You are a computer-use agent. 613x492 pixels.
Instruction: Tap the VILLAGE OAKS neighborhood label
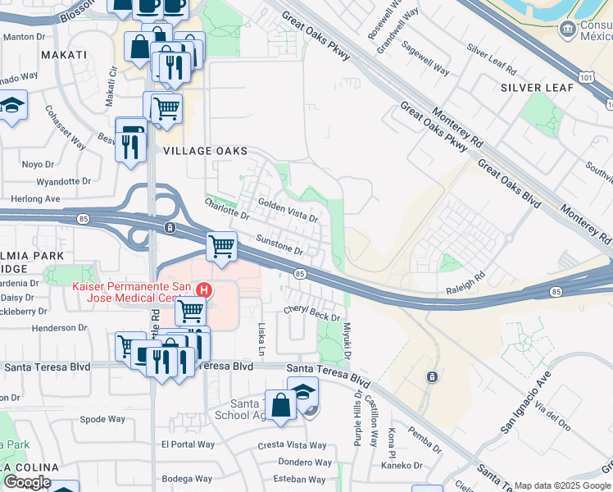point(205,151)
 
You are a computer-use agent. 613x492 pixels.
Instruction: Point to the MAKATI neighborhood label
point(63,55)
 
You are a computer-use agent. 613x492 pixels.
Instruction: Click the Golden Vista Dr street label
point(288,210)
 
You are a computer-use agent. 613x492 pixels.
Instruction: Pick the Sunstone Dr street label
point(279,245)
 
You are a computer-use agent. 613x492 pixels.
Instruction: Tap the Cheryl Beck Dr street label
point(311,313)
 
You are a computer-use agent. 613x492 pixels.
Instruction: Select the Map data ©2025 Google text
point(562,485)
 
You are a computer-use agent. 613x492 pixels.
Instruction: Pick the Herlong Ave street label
point(35,199)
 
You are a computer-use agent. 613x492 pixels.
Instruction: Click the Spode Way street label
point(103,419)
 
